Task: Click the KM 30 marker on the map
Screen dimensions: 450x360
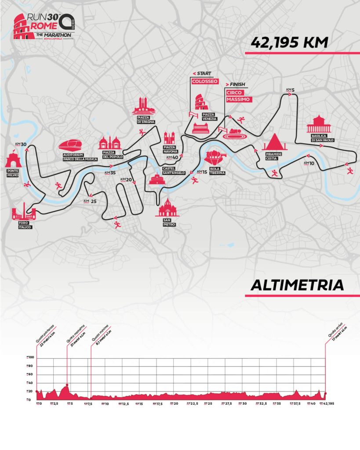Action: [21, 145]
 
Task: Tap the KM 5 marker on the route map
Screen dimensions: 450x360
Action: [290, 91]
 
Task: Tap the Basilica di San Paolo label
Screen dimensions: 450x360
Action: [323, 138]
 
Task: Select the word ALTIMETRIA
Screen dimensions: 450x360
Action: [297, 285]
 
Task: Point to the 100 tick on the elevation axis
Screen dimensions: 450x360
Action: [30, 359]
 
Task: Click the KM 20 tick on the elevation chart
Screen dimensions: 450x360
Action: [174, 403]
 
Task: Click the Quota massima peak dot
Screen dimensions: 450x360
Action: [67, 385]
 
